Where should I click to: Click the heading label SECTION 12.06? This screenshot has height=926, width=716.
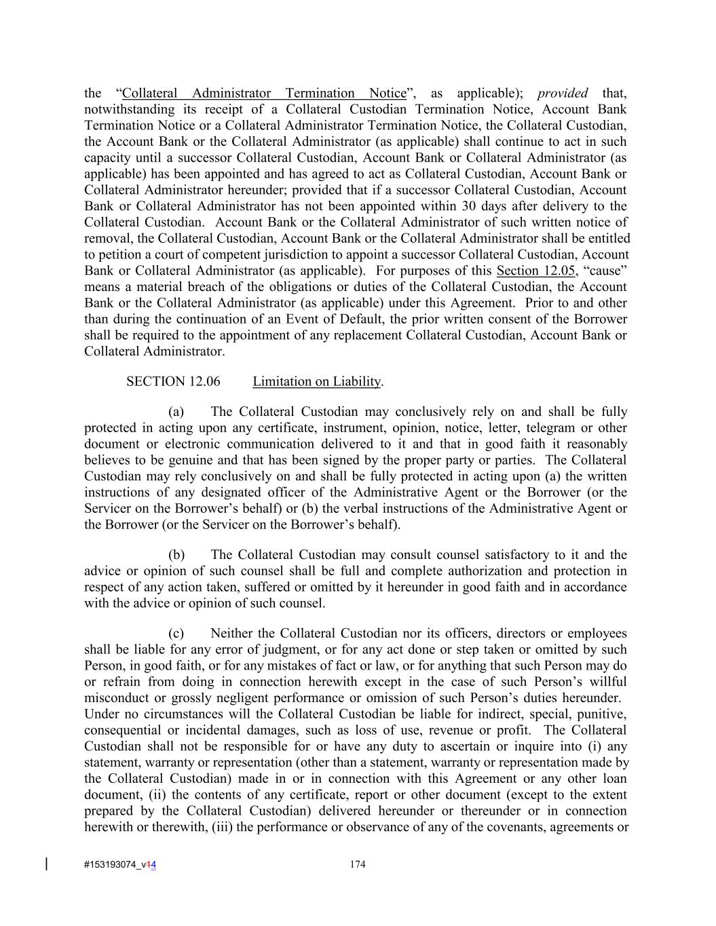(173, 381)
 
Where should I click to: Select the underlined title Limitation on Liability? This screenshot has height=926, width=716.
(317, 381)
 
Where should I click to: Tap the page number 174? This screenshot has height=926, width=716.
(358, 864)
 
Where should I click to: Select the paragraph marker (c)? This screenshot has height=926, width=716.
(176, 634)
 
